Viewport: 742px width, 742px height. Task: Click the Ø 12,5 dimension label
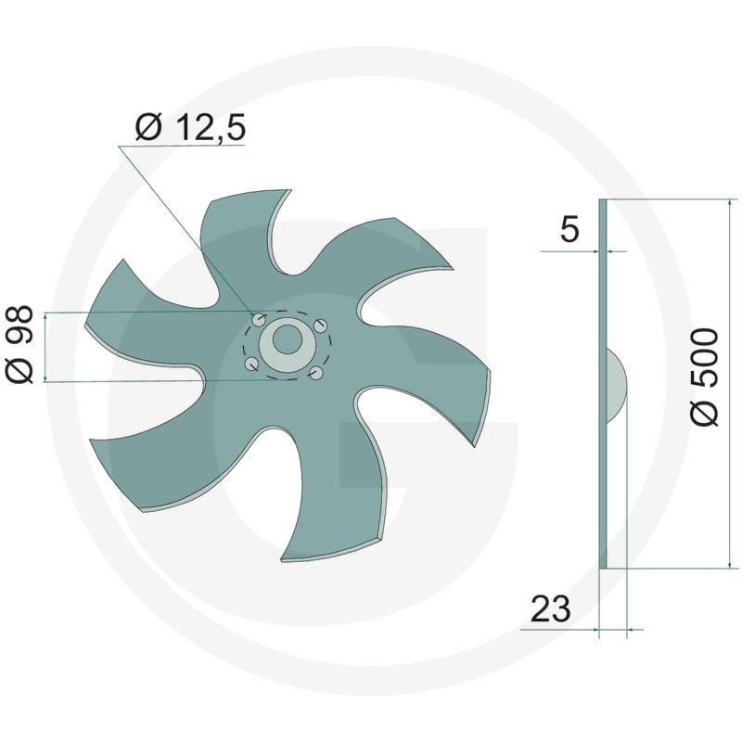tap(190, 128)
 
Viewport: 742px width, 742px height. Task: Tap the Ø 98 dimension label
tap(19, 344)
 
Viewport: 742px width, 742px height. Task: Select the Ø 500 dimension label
tap(705, 377)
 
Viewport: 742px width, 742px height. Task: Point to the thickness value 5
tap(569, 229)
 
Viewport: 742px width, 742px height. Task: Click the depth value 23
tap(550, 609)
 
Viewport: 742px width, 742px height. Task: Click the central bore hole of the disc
tap(287, 339)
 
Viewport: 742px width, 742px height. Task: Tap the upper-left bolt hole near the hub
tap(258, 320)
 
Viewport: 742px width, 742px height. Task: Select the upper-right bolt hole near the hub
tap(321, 326)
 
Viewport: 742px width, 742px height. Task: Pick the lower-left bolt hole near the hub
tap(250, 364)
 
